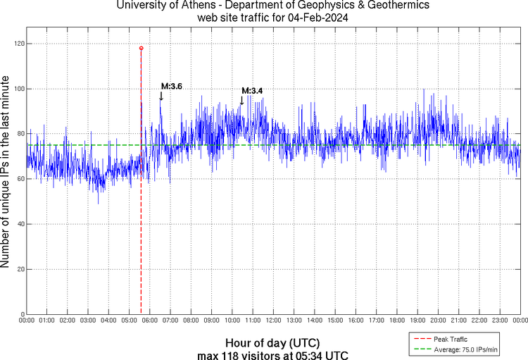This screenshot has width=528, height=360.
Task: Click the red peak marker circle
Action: pos(141,48)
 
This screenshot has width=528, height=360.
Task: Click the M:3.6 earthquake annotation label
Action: pos(172,86)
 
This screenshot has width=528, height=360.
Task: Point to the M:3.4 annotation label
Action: pos(252,90)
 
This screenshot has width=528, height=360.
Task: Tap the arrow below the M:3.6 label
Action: pos(161,96)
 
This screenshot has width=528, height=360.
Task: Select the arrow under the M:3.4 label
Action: pos(241,100)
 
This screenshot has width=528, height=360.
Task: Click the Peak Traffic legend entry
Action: pos(451,340)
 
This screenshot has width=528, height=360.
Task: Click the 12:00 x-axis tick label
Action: pos(273,320)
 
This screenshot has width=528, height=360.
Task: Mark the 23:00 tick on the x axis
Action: pos(500,320)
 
